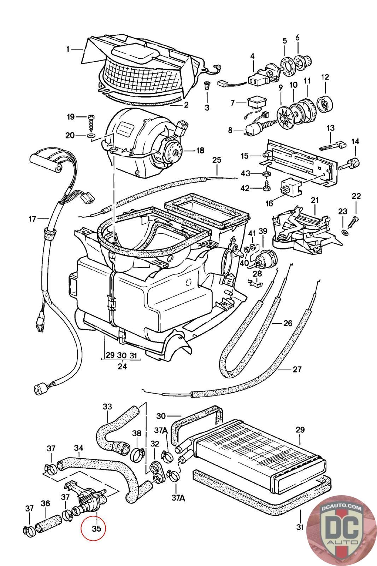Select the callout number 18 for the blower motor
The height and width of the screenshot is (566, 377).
(x=200, y=150)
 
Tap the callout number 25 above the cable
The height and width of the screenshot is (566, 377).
(x=217, y=160)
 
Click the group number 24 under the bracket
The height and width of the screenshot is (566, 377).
(x=122, y=366)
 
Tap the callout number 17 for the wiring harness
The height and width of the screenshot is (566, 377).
(x=32, y=219)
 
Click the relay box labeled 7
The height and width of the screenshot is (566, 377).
(x=256, y=103)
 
